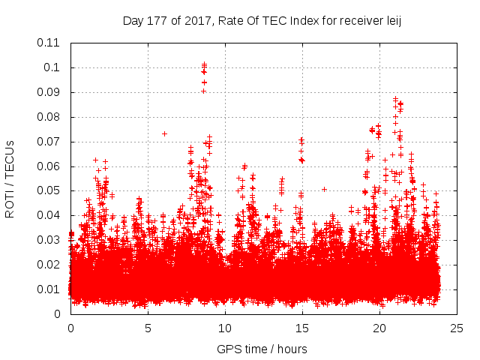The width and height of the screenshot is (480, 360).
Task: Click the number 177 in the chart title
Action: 157,21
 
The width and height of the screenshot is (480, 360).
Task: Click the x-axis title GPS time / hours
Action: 262,349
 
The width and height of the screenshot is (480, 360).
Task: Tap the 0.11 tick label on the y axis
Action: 49,43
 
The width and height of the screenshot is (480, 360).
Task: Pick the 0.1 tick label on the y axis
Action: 52,67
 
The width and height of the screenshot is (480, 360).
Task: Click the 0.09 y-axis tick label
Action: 49,92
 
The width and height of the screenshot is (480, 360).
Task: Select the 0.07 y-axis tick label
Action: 49,142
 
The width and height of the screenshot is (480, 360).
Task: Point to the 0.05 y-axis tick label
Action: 49,190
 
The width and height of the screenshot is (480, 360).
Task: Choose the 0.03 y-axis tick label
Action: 49,240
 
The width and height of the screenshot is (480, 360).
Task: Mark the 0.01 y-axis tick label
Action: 49,289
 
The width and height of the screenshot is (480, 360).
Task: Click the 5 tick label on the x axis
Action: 148,328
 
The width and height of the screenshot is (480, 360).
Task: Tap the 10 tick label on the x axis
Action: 225,328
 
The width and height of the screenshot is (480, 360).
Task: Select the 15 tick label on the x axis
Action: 302,328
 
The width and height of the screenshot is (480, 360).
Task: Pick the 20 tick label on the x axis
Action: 379,328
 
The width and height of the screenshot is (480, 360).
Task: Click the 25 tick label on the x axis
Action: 457,328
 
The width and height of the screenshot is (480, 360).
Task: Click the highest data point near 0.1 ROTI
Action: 204,64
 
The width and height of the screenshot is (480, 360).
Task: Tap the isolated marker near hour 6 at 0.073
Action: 164,133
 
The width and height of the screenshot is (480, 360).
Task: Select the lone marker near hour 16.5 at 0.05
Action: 324,190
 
